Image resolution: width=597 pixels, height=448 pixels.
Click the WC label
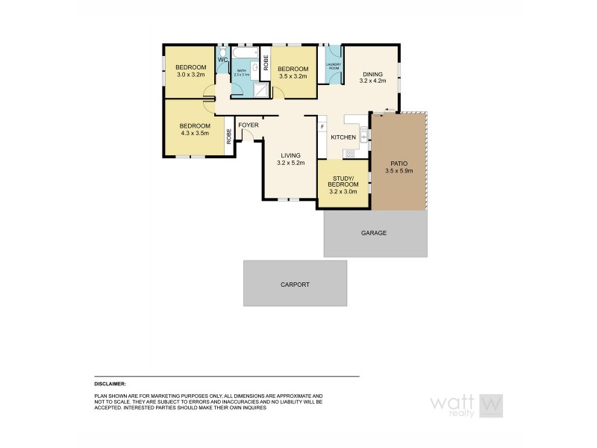click(222, 60)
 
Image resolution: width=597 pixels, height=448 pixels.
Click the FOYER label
click(248, 125)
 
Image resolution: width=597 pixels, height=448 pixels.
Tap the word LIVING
click(291, 155)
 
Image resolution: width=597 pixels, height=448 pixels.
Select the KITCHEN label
click(343, 137)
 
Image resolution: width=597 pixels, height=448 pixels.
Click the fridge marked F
click(322, 126)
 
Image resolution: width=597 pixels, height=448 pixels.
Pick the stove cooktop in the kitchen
click(349, 154)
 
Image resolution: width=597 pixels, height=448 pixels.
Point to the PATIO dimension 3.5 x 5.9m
click(398, 171)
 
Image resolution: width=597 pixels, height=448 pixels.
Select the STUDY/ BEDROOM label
click(343, 181)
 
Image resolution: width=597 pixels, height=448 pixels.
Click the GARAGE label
click(374, 233)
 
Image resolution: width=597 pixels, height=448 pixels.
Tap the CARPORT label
click(295, 284)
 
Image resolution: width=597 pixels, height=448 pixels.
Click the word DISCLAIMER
click(110, 382)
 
